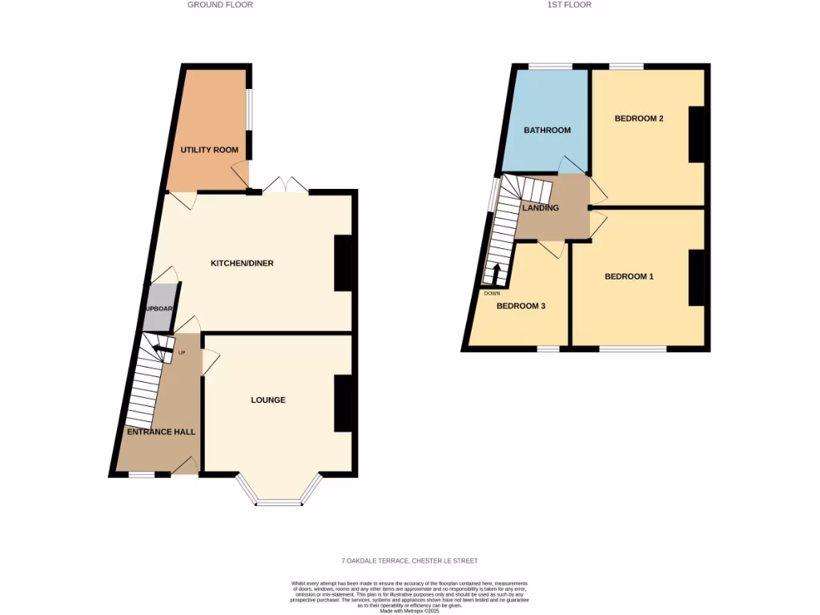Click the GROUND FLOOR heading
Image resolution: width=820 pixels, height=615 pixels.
(220, 5)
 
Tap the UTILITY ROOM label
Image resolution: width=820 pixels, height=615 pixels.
(209, 150)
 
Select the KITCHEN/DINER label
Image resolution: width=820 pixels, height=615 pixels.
(242, 263)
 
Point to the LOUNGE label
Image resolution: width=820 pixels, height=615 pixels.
(268, 400)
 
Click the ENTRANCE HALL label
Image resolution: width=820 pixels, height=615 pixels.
(161, 432)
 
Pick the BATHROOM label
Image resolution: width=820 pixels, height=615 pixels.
(547, 131)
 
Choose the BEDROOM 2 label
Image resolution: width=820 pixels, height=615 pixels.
(639, 119)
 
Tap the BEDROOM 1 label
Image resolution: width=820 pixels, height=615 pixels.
(629, 277)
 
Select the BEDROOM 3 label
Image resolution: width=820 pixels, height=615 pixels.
(521, 306)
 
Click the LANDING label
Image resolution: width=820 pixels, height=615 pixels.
(541, 208)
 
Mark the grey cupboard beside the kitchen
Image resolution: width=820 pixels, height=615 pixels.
(159, 308)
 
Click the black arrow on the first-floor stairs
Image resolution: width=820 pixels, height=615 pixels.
(496, 275)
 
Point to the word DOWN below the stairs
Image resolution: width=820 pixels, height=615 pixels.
(492, 293)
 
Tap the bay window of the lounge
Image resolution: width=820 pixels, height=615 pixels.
(279, 502)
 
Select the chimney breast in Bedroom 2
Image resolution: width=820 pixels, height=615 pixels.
(697, 135)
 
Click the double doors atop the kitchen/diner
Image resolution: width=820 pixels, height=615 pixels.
(286, 186)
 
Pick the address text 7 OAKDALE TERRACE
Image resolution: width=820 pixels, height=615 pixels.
(409, 561)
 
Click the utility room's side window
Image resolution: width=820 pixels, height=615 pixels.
(248, 108)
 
